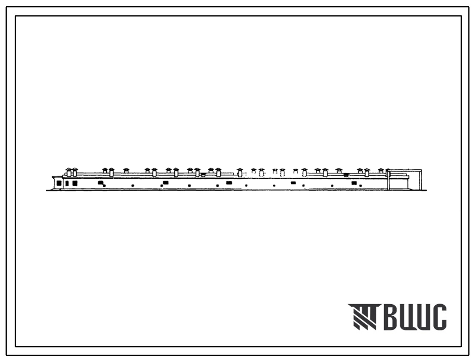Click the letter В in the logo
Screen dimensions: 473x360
coord(391,317)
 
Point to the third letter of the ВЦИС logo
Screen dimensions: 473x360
coord(423,317)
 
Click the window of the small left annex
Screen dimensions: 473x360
coord(59,183)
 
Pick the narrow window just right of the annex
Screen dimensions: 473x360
coord(67,183)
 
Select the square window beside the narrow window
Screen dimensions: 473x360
coord(75,183)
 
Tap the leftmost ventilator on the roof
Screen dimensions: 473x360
coord(68,172)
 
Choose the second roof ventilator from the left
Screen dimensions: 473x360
coord(75,172)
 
